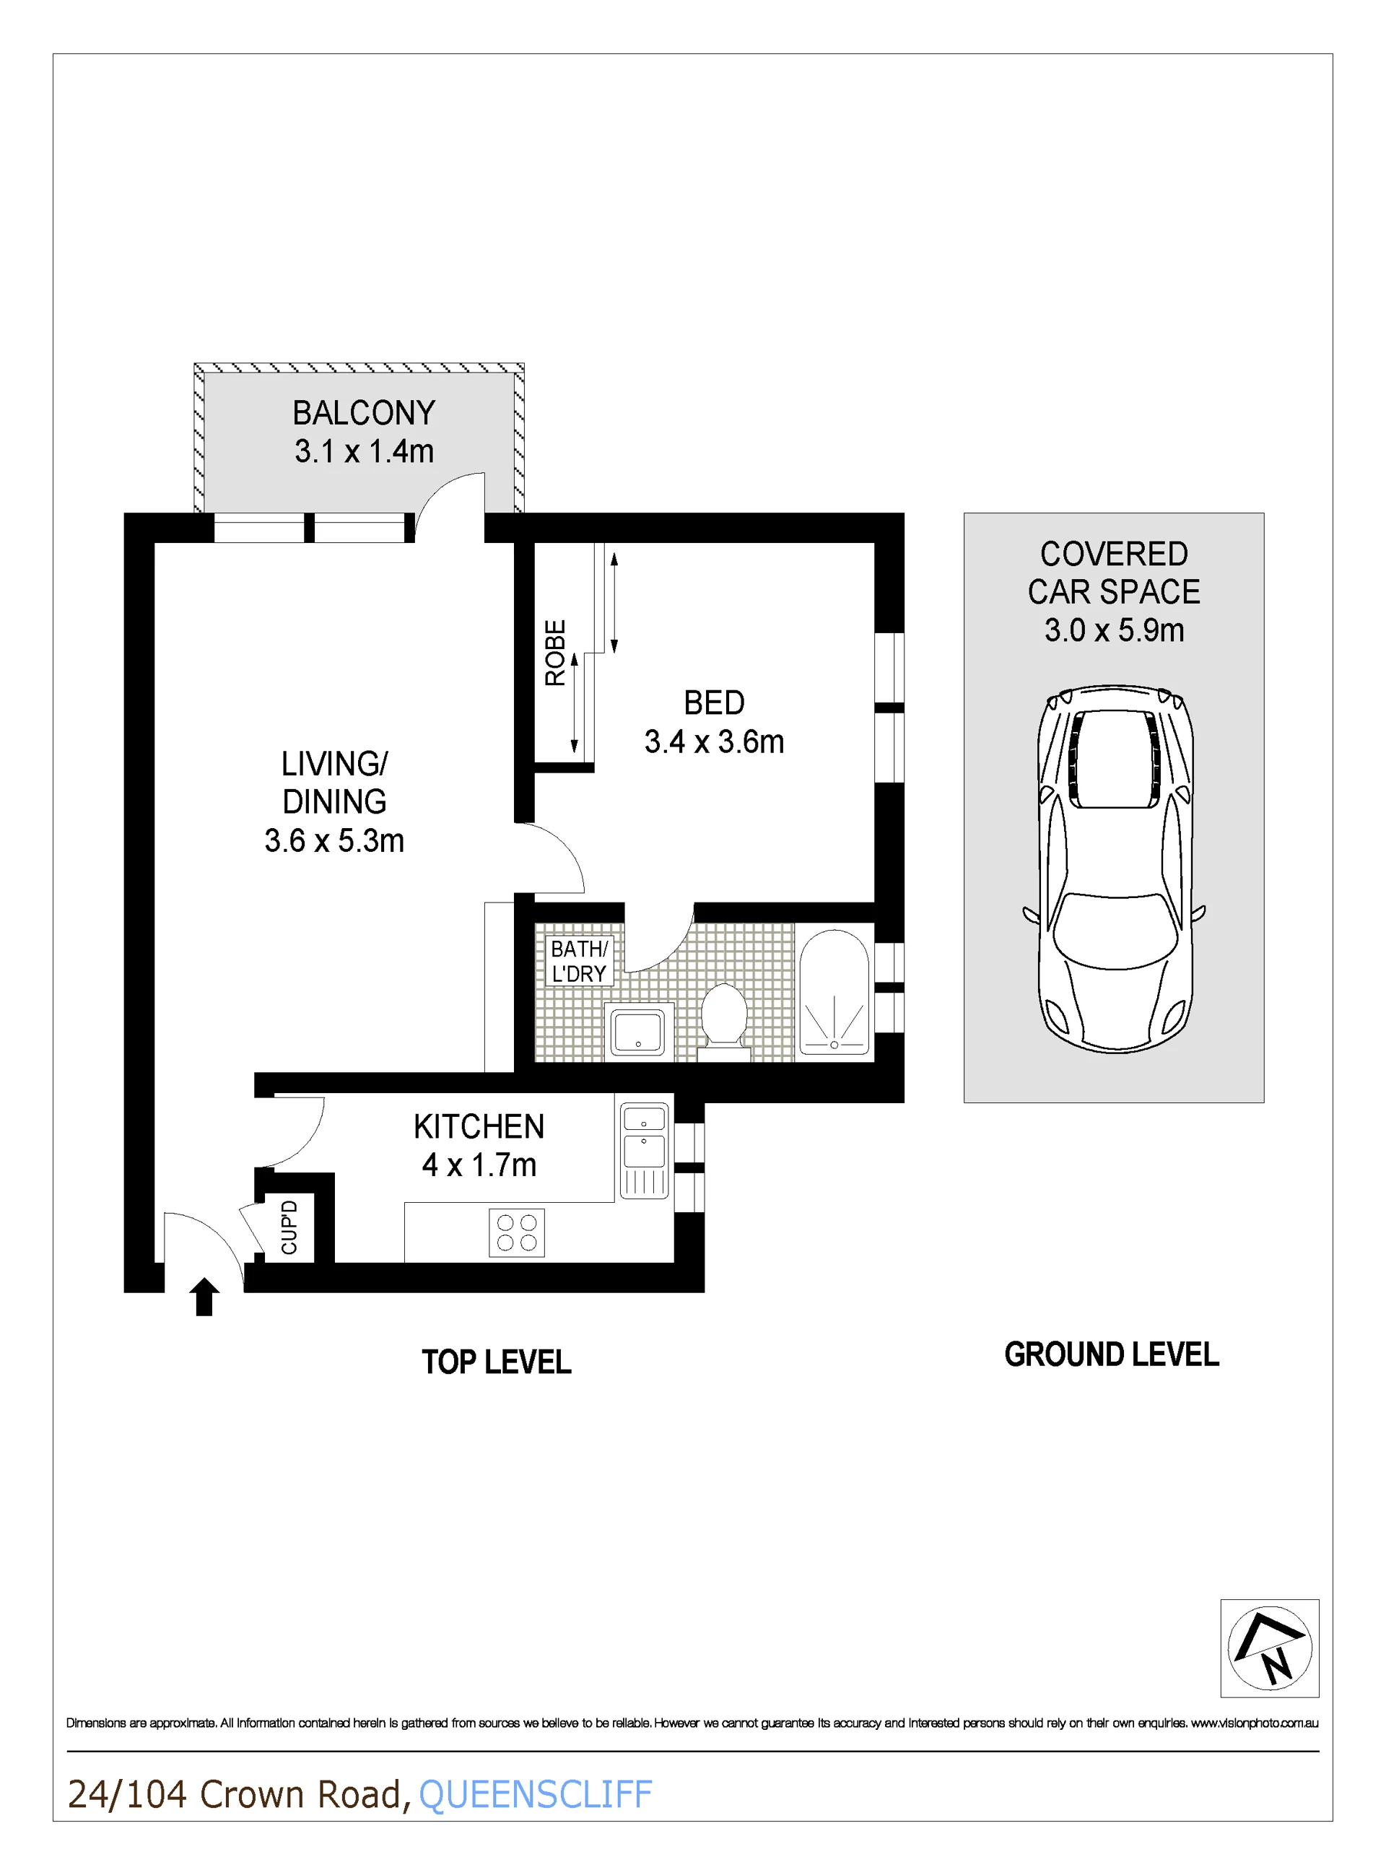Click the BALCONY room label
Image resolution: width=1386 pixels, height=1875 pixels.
pos(363,413)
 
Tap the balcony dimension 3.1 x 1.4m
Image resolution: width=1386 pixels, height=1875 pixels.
pos(364,451)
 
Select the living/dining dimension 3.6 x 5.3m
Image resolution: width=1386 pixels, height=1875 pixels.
pos(334,840)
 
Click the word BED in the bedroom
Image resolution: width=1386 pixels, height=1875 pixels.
pos(714,703)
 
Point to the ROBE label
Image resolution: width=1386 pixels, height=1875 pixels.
pos(555,653)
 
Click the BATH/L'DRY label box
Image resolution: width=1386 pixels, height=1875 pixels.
pos(579,960)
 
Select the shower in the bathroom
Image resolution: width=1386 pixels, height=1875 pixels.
pos(834,993)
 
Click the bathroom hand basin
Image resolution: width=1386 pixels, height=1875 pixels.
pos(638,1031)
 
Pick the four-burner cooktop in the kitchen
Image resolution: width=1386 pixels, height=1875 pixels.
pos(517,1233)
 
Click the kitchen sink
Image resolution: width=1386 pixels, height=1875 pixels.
pos(645,1150)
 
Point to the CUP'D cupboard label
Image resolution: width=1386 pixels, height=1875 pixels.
pos(289,1227)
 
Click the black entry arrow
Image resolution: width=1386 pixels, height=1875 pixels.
pos(204,1297)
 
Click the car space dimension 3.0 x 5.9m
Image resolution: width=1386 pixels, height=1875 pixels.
pos(1114,630)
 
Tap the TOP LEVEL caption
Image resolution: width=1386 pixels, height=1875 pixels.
pos(497,1362)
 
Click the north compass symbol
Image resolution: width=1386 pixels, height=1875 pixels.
pos(1269,1648)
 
